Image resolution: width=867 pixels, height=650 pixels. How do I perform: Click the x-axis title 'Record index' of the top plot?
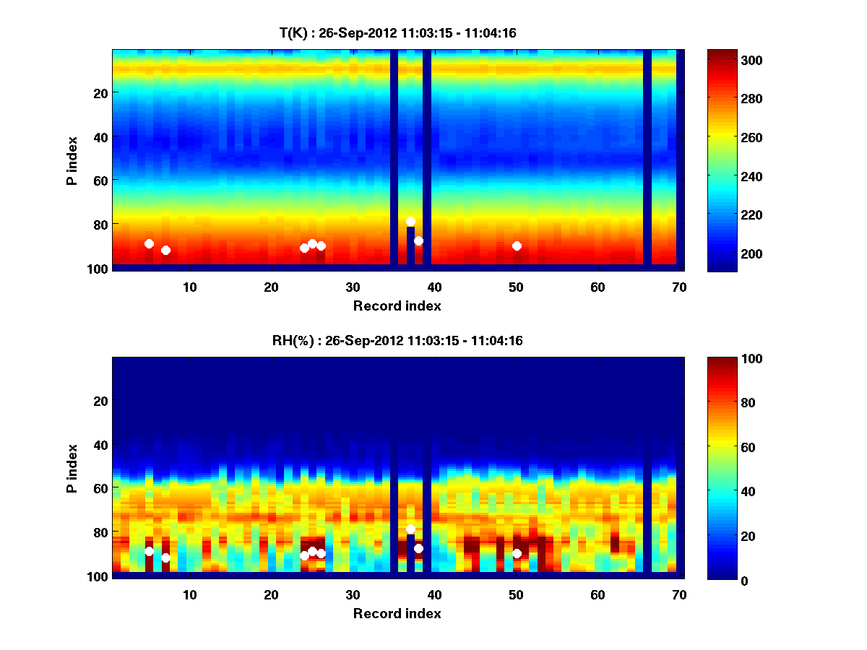tap(397, 305)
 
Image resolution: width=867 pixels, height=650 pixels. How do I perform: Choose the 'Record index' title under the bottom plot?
tap(397, 613)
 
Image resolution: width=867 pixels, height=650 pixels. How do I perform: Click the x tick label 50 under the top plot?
tap(516, 287)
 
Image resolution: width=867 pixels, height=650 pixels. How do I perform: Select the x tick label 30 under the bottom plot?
tap(353, 594)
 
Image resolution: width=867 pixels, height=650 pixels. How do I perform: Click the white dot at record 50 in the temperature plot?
tap(517, 246)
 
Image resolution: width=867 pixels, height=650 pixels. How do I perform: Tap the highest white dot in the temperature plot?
tap(410, 221)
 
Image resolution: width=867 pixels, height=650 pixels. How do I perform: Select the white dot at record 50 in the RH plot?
tap(517, 553)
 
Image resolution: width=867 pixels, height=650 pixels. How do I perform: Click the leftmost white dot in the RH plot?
tap(149, 551)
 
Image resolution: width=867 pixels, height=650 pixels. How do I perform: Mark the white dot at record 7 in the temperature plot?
tap(165, 250)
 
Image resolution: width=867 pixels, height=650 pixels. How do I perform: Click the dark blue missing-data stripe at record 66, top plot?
tap(647, 159)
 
